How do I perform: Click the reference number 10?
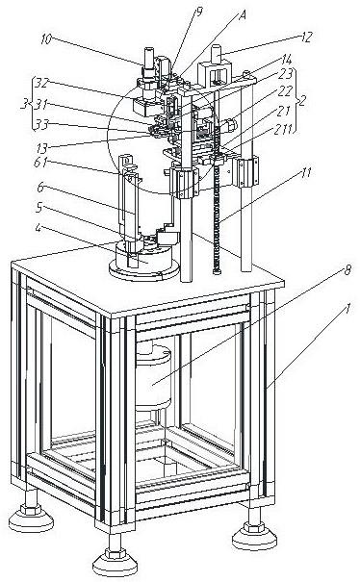click(x=46, y=39)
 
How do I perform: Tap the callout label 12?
click(x=306, y=38)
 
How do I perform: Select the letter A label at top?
click(x=243, y=15)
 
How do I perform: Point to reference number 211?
click(x=283, y=129)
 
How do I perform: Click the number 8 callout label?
click(x=347, y=270)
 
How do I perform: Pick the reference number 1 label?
click(x=347, y=309)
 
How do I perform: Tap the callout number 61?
click(x=40, y=163)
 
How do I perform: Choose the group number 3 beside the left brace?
click(x=24, y=105)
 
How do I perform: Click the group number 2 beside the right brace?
click(x=303, y=100)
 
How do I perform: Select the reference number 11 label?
click(x=305, y=173)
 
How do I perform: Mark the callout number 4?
click(x=39, y=227)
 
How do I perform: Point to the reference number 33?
click(x=41, y=125)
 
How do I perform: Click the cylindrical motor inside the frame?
click(x=153, y=377)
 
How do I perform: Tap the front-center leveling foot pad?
click(x=115, y=560)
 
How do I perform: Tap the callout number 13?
click(x=41, y=148)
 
